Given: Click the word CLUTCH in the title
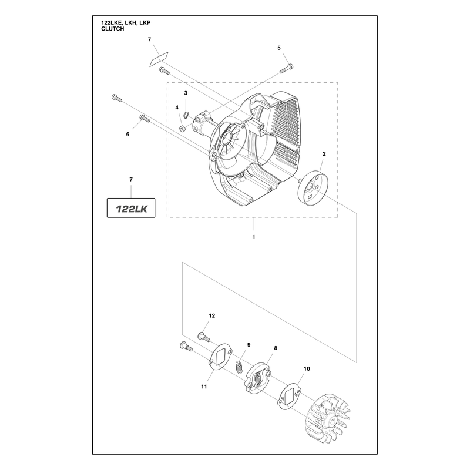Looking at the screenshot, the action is click(x=112, y=29).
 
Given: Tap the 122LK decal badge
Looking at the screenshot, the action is click(x=131, y=208).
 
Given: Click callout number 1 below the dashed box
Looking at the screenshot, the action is click(x=254, y=237).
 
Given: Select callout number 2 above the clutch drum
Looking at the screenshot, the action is click(x=324, y=154).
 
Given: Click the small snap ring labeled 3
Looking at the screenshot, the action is click(x=186, y=115).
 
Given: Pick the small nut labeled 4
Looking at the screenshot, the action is click(x=182, y=129).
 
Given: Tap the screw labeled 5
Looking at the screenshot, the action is click(x=286, y=69).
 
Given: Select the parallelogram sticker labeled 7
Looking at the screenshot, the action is click(x=159, y=59).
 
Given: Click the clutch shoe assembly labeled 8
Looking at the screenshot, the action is click(x=258, y=378).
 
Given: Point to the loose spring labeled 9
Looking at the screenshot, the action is click(x=239, y=367).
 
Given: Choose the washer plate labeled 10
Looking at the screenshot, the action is click(x=290, y=396).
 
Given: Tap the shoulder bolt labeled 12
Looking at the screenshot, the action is click(x=204, y=337).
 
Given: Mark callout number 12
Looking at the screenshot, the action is click(x=212, y=315).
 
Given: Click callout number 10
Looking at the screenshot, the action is click(x=307, y=369).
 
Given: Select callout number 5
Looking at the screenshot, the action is click(x=279, y=48).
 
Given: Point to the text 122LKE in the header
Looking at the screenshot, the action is click(x=111, y=22).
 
